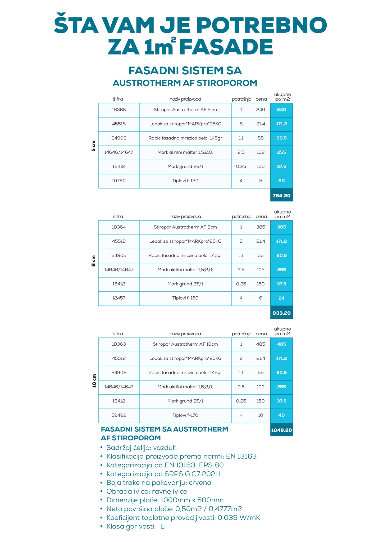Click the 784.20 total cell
281,196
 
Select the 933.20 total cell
281,313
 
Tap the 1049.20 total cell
281,430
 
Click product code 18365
119,110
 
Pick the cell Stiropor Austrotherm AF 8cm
185,227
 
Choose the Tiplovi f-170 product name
185,415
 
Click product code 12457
119,298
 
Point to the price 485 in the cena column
261,344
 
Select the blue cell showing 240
281,110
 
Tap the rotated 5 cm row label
93,146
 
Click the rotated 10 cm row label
94,381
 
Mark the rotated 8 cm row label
93,261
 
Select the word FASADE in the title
226,47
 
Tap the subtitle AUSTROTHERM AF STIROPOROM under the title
185,83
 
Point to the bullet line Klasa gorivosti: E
135,526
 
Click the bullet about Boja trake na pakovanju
159,483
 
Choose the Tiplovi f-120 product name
185,181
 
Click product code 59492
119,415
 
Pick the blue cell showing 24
281,298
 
